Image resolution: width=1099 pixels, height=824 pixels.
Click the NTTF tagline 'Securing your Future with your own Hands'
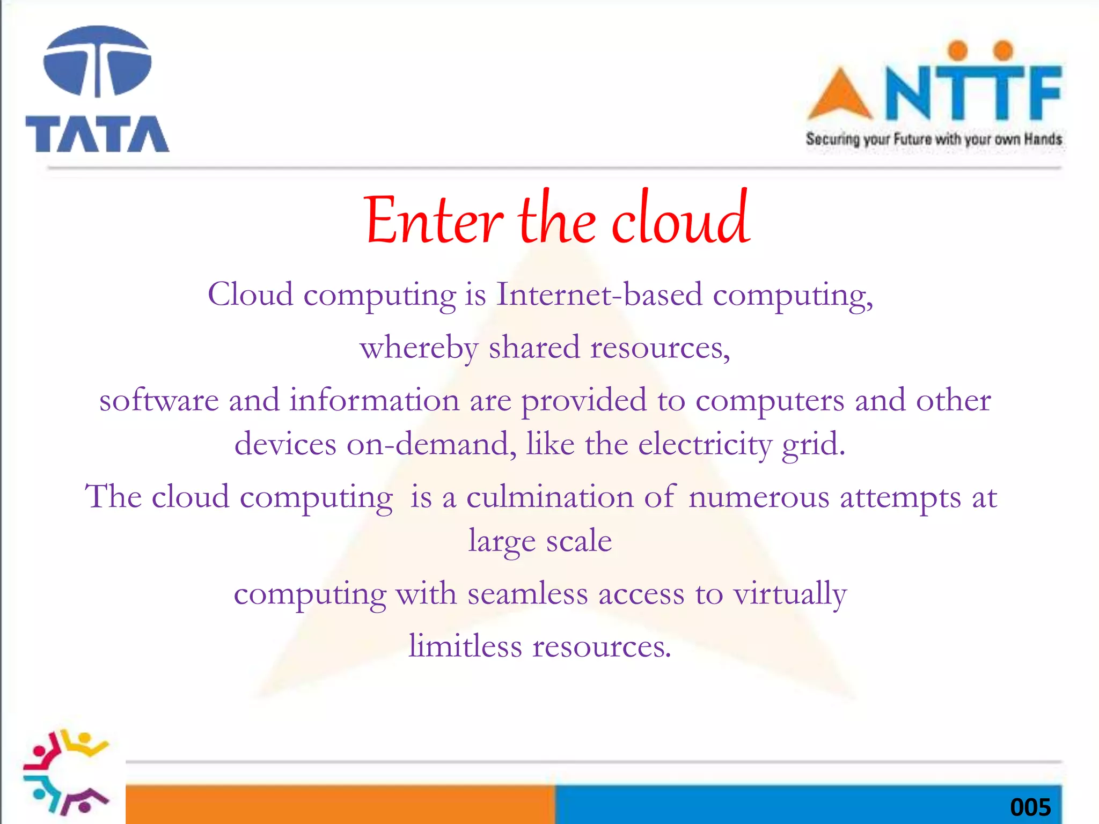point(934,139)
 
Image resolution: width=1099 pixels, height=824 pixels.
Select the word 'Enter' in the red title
point(433,220)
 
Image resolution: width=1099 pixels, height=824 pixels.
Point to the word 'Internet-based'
point(599,295)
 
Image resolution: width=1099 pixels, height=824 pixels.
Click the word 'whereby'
point(419,348)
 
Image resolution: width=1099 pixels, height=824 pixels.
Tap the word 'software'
point(159,401)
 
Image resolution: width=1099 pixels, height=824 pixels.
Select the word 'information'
point(375,401)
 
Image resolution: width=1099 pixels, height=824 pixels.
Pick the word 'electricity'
point(705,445)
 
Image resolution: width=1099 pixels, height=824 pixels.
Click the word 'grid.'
point(813,445)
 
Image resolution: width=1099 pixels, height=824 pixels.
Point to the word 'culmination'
point(550,497)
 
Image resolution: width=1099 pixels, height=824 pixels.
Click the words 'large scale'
point(540,541)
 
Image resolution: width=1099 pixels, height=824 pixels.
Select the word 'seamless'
point(527,594)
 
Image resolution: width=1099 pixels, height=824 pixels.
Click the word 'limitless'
point(465,646)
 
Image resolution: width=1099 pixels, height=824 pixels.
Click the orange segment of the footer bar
point(340,804)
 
